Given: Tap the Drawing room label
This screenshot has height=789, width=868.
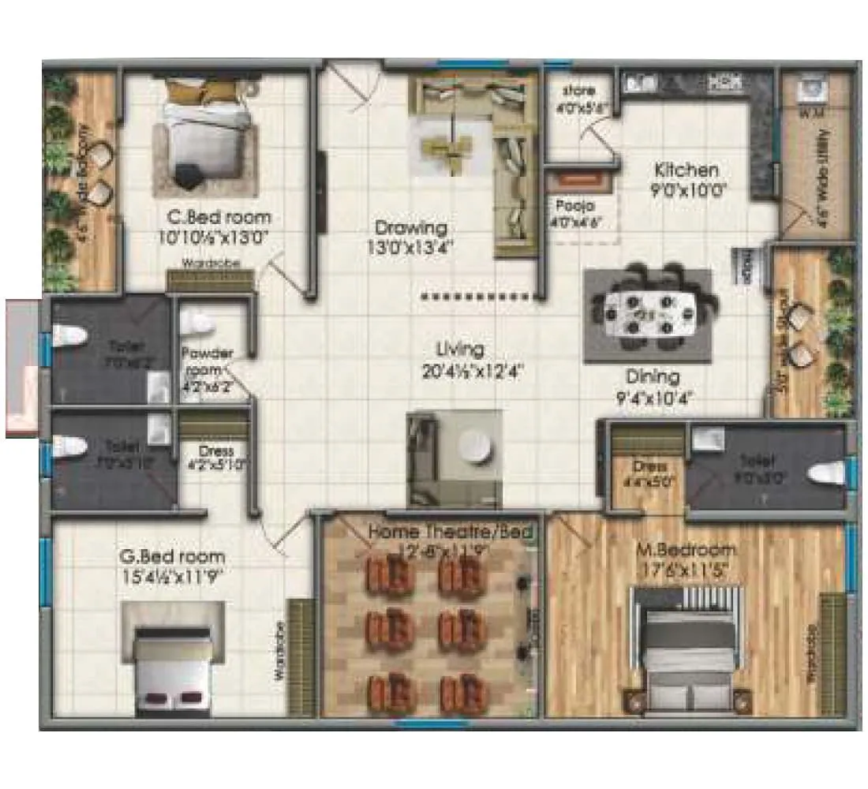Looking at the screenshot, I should click(x=410, y=228).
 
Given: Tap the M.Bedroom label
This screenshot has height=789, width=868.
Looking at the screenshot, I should click(x=686, y=550).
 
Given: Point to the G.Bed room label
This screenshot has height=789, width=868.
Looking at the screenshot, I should click(x=173, y=557).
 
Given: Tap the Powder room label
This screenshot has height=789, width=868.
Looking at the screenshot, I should click(x=207, y=361).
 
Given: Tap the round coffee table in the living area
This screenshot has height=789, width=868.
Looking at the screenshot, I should click(x=476, y=448).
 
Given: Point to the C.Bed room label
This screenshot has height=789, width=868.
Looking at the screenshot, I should click(x=218, y=217).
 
